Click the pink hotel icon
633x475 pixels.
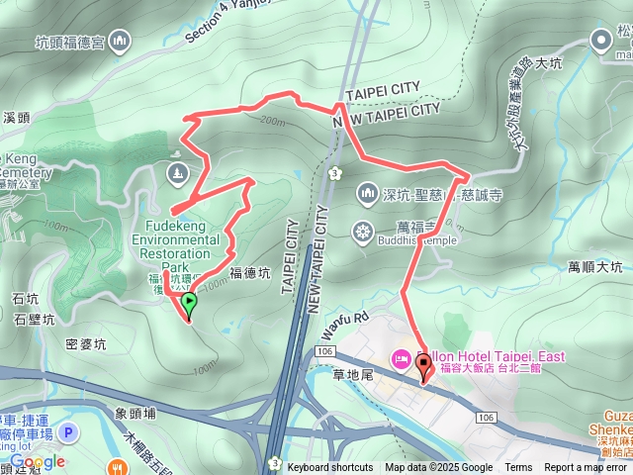(x=402, y=357)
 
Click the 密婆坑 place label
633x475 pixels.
(x=85, y=344)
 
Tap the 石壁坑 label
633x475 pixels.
(x=34, y=318)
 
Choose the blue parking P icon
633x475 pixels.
(x=68, y=432)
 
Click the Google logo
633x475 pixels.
(x=38, y=461)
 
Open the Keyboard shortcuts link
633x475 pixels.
(x=329, y=468)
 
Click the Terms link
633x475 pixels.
(x=518, y=468)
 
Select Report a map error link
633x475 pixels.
(x=585, y=468)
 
